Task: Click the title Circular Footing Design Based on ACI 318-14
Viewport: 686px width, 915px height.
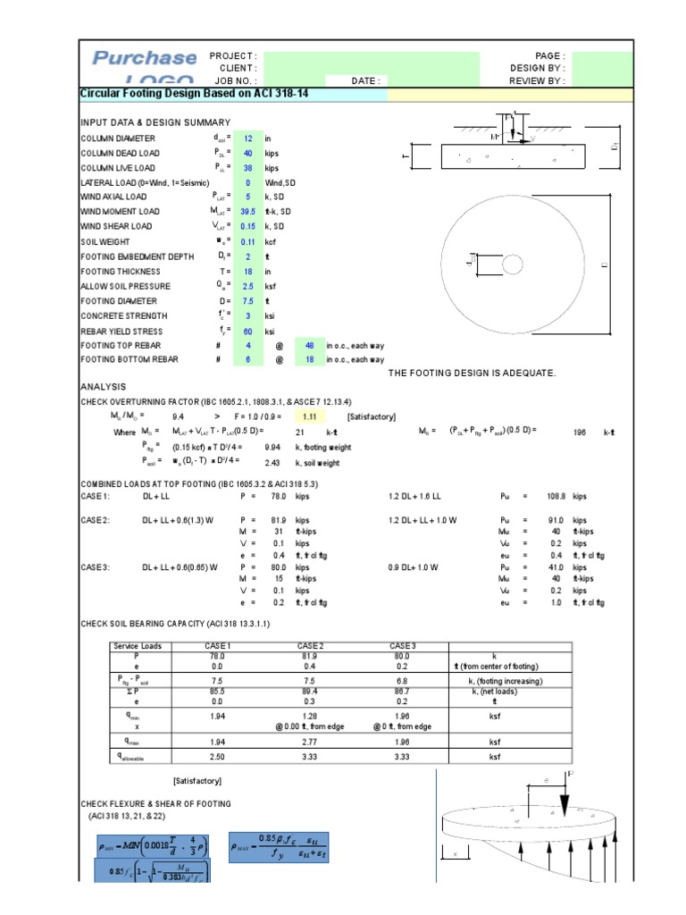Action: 195,93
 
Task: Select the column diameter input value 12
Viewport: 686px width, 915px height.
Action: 248,139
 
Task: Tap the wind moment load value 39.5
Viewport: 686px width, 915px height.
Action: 248,212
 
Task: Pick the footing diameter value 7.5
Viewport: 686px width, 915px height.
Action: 248,301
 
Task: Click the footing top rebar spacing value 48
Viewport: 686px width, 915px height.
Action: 310,345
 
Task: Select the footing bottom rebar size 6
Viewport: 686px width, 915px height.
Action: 248,359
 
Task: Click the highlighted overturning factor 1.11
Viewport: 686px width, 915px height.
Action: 310,416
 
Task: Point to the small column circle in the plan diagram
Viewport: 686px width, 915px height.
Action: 513,264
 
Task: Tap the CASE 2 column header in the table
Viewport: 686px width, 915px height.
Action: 309,646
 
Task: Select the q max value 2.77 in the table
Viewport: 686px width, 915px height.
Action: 309,741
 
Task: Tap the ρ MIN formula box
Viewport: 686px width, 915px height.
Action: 151,844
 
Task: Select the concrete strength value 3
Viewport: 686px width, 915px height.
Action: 248,315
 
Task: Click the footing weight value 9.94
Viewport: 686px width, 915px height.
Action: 273,446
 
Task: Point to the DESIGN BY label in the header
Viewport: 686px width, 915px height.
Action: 537,68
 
